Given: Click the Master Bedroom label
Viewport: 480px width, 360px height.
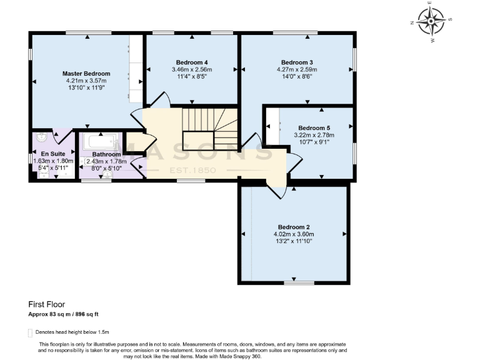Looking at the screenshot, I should pos(86,74).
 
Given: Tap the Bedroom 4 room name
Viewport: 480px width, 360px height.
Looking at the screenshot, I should pos(191,62).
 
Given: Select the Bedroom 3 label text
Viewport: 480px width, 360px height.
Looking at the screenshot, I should pos(297,62).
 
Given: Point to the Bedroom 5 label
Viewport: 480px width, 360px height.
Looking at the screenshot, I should pos(314,127).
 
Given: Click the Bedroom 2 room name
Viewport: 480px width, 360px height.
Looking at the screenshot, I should pos(294,227).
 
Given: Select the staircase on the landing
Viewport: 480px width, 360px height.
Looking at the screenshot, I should pos(209,128).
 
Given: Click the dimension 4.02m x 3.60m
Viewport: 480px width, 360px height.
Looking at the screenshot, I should pos(292,234).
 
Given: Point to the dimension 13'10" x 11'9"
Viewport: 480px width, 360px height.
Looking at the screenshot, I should pos(86,88).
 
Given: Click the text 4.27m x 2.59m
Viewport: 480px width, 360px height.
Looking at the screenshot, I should pos(297,70).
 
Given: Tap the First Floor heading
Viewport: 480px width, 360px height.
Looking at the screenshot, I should pos(47,305).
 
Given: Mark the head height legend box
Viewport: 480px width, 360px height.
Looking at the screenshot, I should pos(31,332).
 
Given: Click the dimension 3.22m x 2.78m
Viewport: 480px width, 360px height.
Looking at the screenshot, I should pos(314,135).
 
